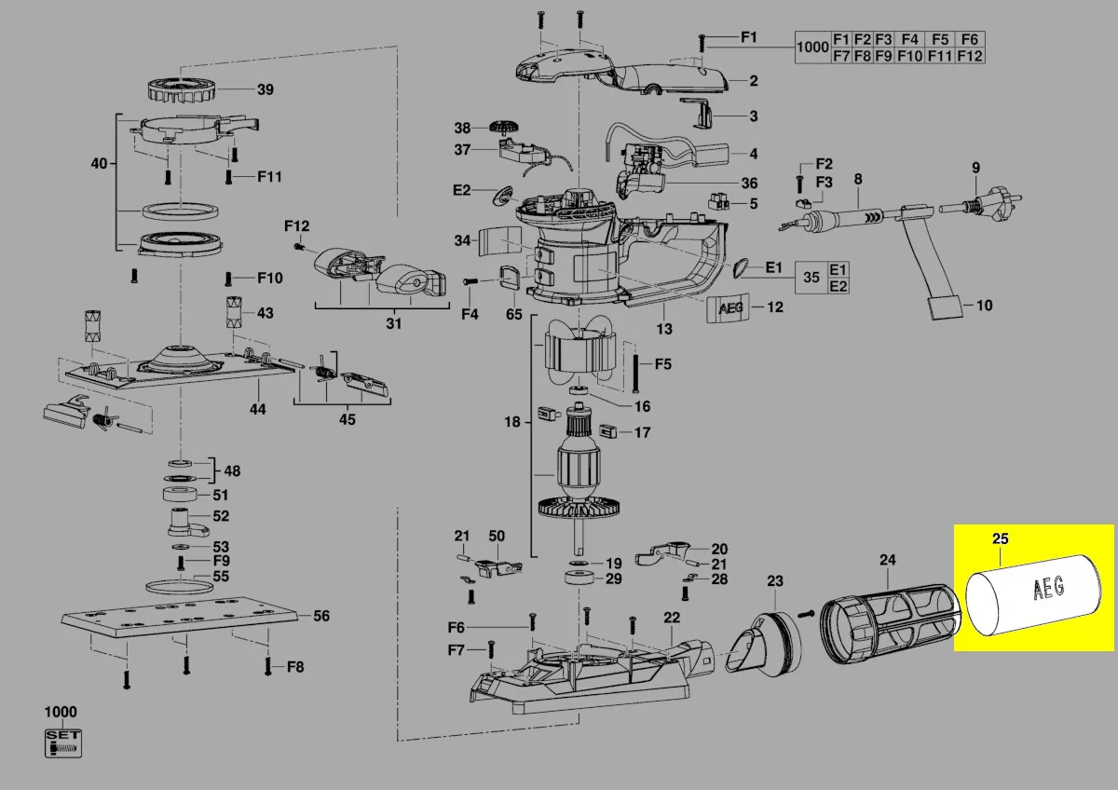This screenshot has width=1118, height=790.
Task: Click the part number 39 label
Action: tap(266, 89)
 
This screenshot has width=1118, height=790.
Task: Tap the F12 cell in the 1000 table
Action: tap(970, 56)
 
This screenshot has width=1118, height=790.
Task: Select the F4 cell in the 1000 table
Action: tap(910, 39)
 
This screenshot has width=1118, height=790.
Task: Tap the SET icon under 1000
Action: tap(63, 742)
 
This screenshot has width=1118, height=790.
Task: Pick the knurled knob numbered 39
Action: tap(183, 89)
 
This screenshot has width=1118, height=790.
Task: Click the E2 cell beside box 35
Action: tap(838, 286)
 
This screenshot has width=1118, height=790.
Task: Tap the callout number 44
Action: tap(257, 409)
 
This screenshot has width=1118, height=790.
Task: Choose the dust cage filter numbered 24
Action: tap(885, 610)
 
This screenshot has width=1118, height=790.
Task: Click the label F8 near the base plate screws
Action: tap(295, 666)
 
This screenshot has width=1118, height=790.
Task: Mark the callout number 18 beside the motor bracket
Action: tap(511, 422)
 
